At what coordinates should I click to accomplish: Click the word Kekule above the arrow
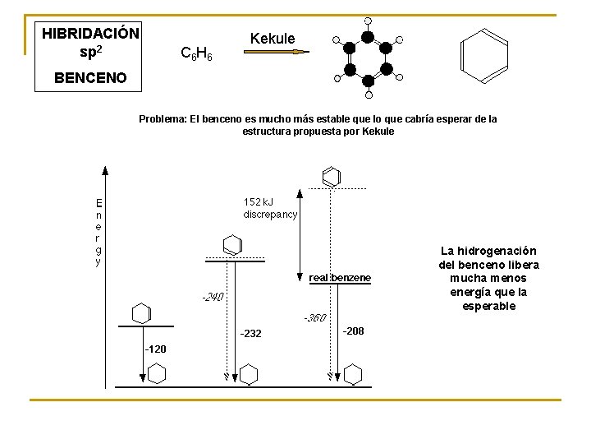272,39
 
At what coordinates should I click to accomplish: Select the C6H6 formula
196,55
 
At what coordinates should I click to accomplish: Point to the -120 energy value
155,349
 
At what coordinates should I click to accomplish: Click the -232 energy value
250,333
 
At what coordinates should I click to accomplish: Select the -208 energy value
353,331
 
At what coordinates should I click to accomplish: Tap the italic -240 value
213,297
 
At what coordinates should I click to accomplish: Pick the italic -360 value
314,317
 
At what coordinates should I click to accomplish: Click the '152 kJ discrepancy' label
270,207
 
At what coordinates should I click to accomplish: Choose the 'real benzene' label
340,279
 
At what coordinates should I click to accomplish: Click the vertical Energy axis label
98,232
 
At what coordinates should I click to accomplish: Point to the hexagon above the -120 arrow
141,312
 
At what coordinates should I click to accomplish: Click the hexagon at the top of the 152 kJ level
331,176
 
